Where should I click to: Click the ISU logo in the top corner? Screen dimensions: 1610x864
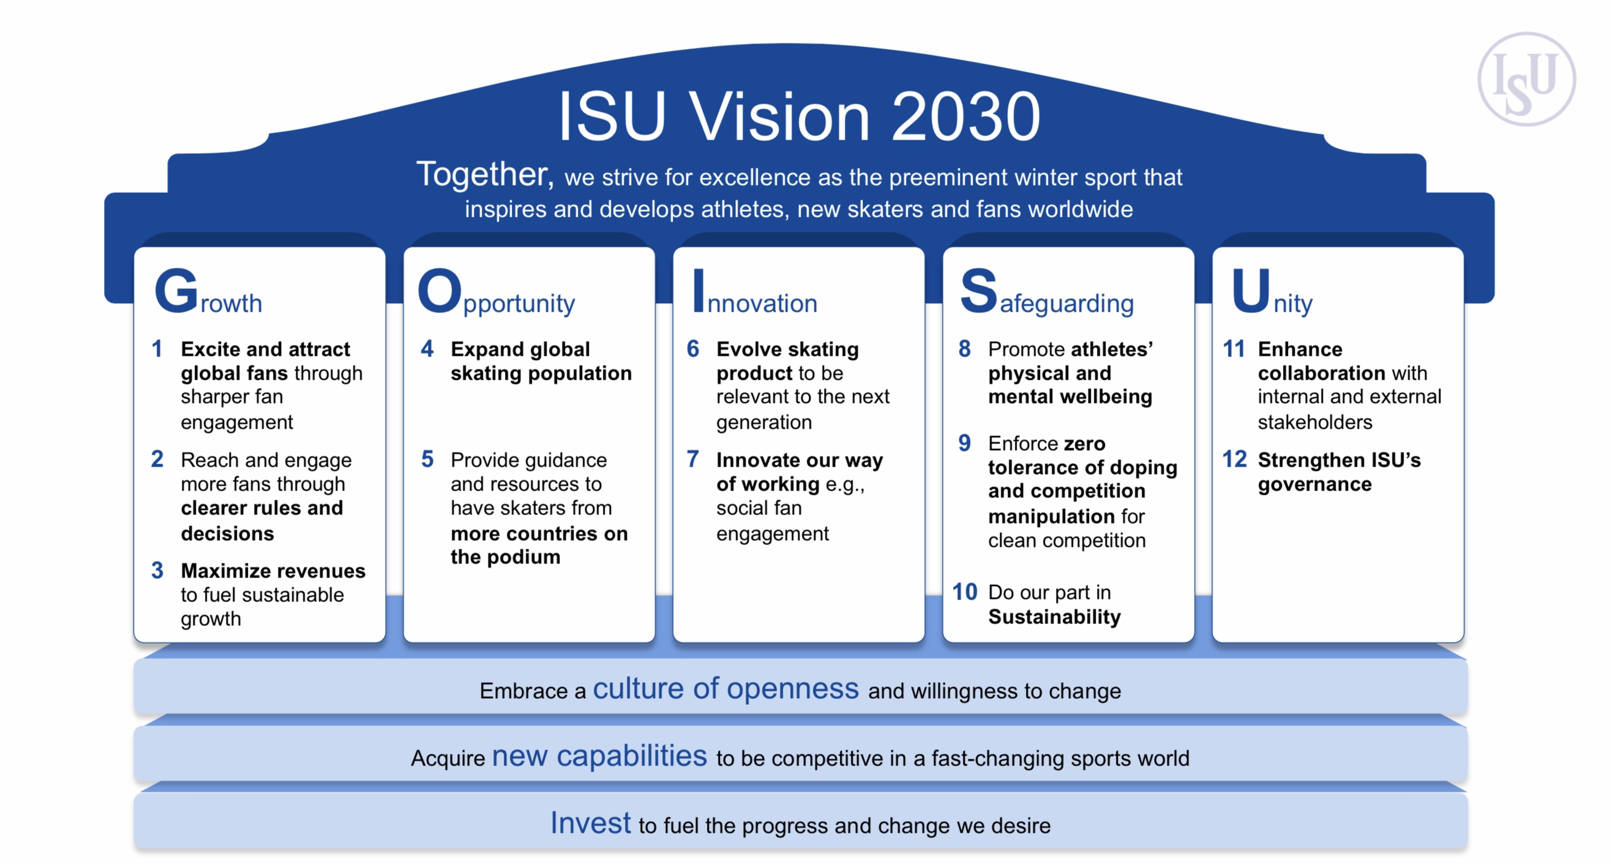tap(1526, 80)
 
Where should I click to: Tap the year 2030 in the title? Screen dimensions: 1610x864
tap(965, 117)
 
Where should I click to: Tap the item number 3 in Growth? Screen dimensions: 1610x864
tap(157, 570)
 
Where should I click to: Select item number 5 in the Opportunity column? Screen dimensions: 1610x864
tap(427, 459)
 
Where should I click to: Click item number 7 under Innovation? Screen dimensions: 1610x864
tap(692, 459)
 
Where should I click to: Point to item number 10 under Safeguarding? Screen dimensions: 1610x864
tap(964, 592)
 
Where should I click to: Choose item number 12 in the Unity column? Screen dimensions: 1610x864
tap(1234, 459)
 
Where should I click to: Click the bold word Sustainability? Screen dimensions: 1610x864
tap(1054, 617)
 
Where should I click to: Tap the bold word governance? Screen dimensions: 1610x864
tap(1314, 484)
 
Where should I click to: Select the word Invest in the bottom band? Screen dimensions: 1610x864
tap(590, 824)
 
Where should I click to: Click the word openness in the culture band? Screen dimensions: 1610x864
tap(793, 689)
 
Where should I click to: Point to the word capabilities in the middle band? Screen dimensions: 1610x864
tap(631, 756)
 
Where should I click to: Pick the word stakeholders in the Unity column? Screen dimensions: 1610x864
tap(1315, 423)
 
